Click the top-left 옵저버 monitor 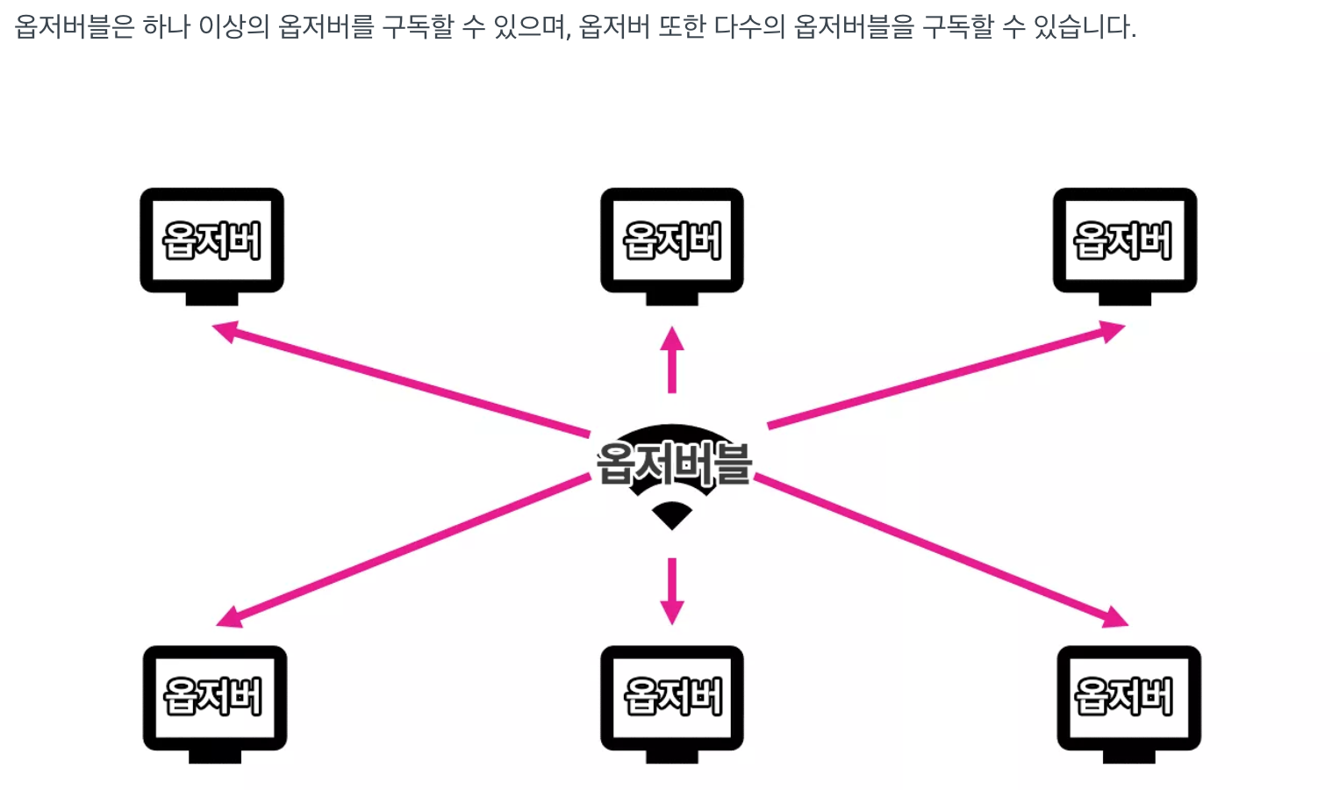[x=211, y=240]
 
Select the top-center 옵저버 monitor [x=671, y=240]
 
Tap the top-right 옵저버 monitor [x=1124, y=240]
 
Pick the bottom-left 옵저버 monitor [x=214, y=698]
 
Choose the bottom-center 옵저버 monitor [x=671, y=698]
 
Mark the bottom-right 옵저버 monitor [x=1128, y=698]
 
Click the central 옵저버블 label [x=674, y=463]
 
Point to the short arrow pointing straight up [x=672, y=360]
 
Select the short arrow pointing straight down [x=672, y=590]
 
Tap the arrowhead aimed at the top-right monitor [x=1113, y=332]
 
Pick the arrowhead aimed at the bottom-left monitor [x=229, y=617]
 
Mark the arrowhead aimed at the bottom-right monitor [x=1115, y=617]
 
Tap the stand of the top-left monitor [x=211, y=299]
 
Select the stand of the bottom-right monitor [x=1128, y=757]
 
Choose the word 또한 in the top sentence [x=682, y=27]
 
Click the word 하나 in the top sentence [x=167, y=27]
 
